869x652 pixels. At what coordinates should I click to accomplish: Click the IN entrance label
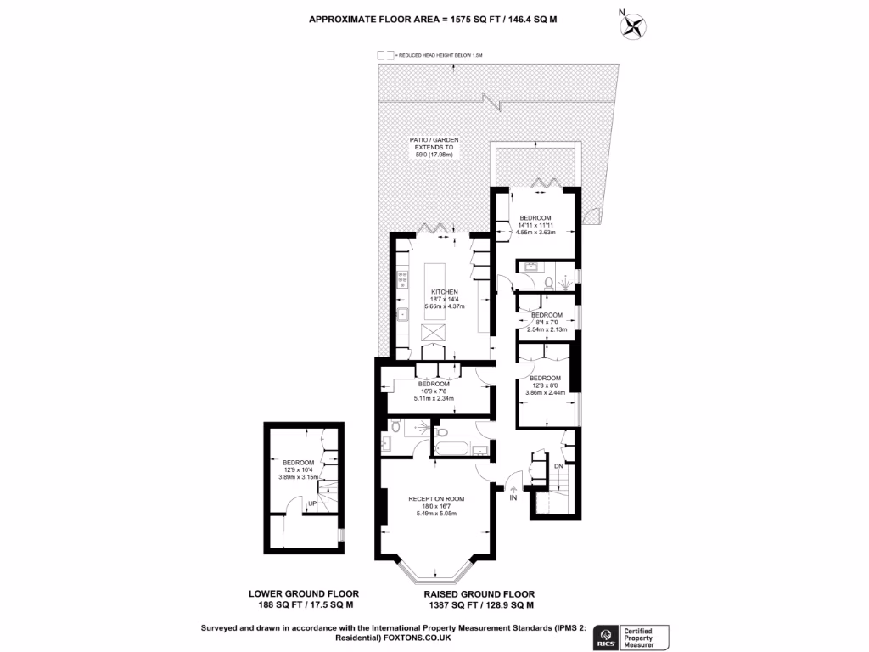click(513, 497)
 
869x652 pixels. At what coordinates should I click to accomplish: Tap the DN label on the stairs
click(558, 466)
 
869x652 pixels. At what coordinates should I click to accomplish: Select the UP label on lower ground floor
click(312, 503)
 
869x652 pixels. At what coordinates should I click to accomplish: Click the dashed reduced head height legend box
click(386, 55)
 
